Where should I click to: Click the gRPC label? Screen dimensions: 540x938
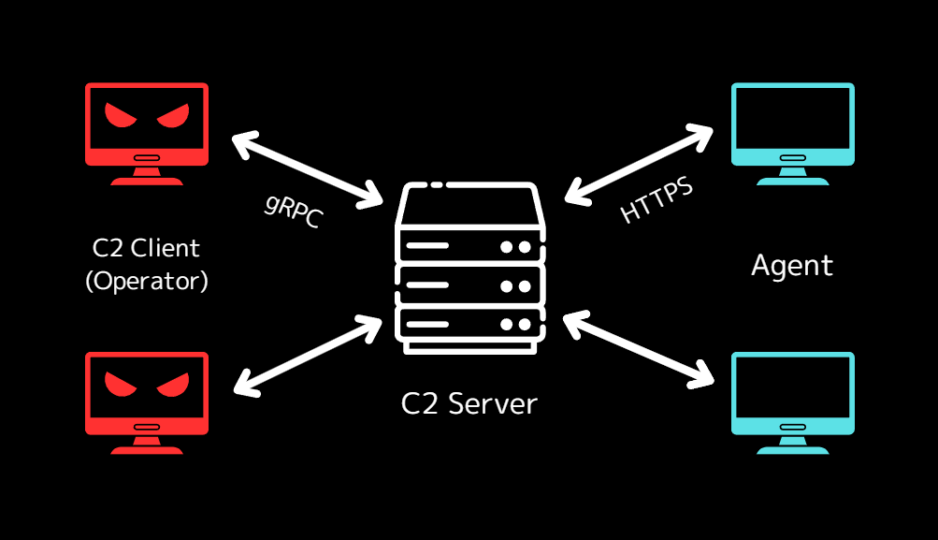(293, 210)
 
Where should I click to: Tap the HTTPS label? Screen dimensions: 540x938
(657, 200)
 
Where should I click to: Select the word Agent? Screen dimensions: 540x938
(791, 266)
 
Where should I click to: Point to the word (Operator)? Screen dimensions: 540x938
(146, 281)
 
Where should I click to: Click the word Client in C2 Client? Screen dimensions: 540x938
(166, 248)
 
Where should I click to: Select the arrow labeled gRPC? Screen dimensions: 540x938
(307, 169)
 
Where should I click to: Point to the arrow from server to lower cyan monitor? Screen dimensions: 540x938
(639, 348)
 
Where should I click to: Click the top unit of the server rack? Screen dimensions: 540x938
(469, 246)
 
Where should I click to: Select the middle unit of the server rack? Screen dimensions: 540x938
(469, 285)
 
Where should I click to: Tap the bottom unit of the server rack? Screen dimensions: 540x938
(469, 324)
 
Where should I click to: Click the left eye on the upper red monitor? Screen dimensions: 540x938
(121, 116)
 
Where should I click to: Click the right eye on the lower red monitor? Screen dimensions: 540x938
(172, 385)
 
